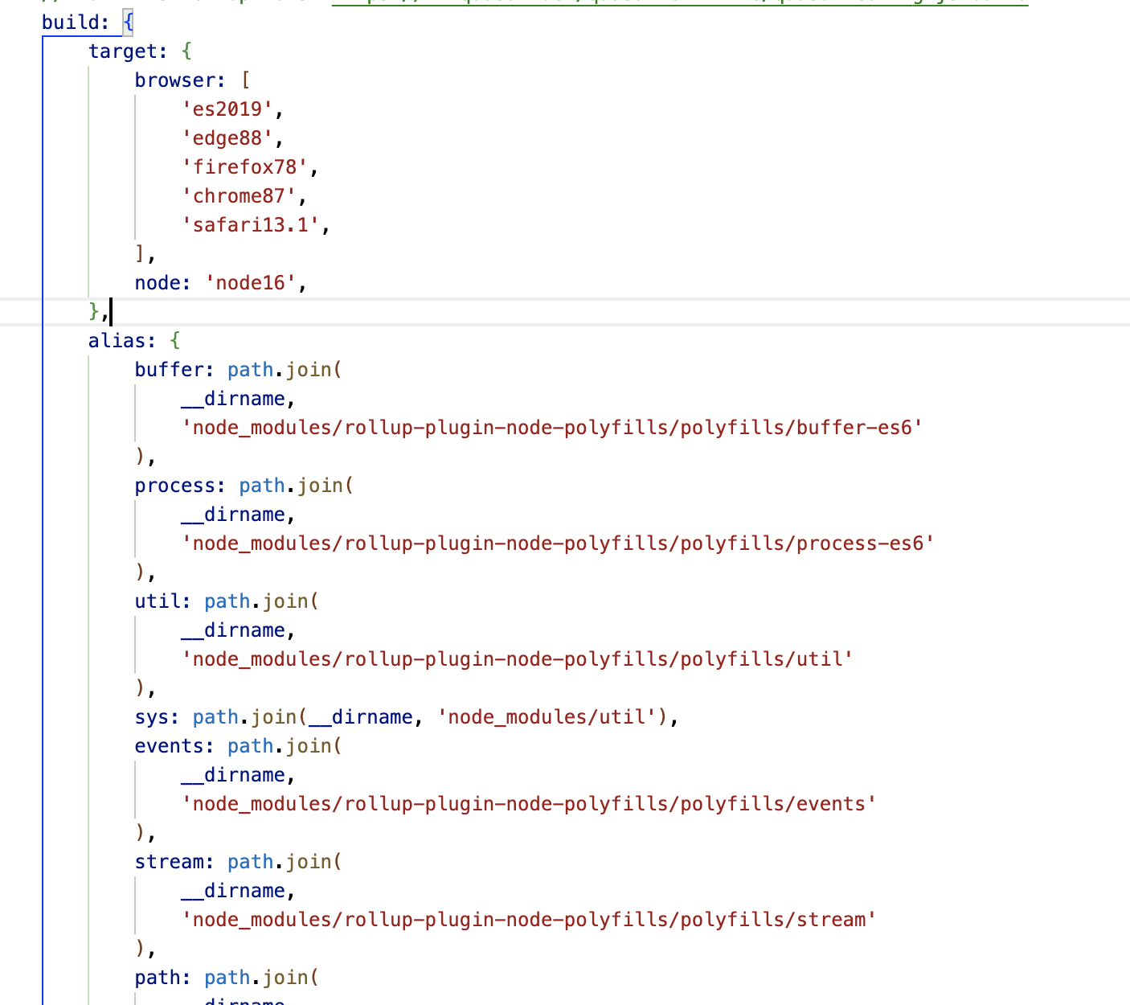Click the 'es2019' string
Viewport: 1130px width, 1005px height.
tap(227, 109)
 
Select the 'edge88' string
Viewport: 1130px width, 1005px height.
tap(227, 138)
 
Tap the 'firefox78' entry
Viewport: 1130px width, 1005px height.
tap(244, 167)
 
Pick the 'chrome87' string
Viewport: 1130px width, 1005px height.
tap(239, 196)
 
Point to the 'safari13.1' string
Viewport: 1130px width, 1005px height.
tap(250, 225)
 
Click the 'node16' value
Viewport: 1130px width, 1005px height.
tap(250, 283)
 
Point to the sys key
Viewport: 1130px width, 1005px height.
tap(152, 717)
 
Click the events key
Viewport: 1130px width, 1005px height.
tap(169, 746)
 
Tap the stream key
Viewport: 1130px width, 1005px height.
tap(169, 862)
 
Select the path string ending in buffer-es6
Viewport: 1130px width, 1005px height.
tap(552, 428)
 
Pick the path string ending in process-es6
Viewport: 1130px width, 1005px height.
tap(558, 544)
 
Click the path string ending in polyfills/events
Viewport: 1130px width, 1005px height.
tap(529, 804)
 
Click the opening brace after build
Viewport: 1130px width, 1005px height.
tap(129, 23)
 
